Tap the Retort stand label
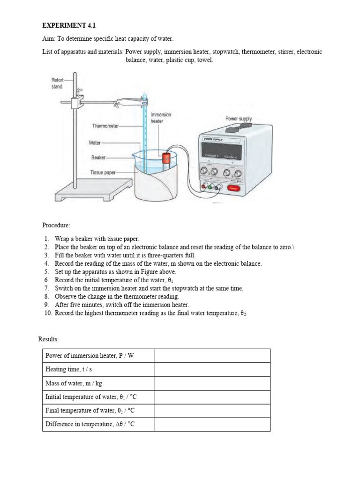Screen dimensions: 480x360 click(57, 83)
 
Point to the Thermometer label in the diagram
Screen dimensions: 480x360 click(106, 126)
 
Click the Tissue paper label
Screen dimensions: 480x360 click(103, 172)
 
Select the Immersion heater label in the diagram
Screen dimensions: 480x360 click(161, 118)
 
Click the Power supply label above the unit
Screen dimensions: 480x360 click(239, 119)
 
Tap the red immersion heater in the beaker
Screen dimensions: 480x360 click(165, 162)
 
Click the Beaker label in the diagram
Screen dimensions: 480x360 click(99, 157)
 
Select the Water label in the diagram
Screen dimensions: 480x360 click(95, 142)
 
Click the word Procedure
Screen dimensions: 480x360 click(56, 225)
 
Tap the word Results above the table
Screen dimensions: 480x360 click(48, 339)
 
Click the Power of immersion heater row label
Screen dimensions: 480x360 click(90, 356)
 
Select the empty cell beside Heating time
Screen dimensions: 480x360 click(212, 369)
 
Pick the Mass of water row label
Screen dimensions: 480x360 click(74, 383)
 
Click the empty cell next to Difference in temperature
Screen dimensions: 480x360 click(212, 425)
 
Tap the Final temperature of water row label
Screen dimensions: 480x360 click(91, 411)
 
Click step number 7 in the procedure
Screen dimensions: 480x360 click(47, 288)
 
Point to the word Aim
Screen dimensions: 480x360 click(48, 39)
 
